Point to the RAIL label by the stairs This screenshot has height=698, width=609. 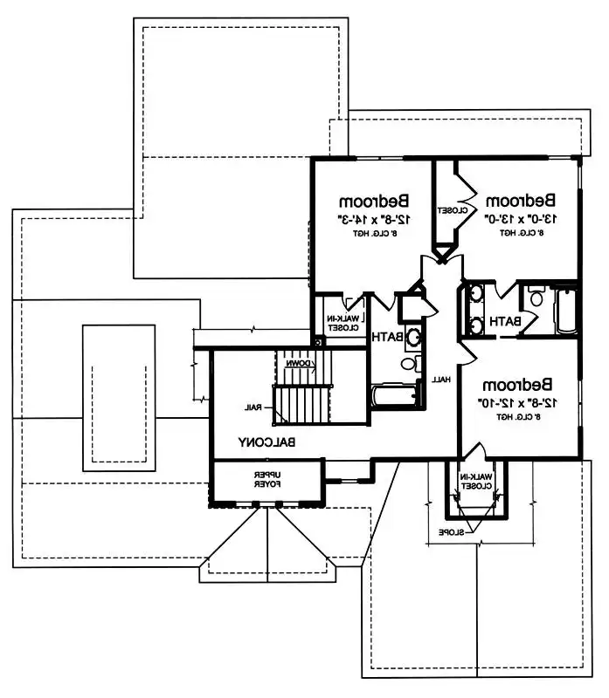point(254,407)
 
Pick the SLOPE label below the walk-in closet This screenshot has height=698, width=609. point(451,531)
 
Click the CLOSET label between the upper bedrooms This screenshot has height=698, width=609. point(444,210)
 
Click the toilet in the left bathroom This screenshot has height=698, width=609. point(409,363)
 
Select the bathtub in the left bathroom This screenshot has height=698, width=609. point(394,396)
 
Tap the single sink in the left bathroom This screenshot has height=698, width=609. point(412,336)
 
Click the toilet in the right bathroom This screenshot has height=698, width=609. point(536,299)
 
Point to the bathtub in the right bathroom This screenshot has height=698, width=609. point(566,311)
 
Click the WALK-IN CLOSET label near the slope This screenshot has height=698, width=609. point(478,482)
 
